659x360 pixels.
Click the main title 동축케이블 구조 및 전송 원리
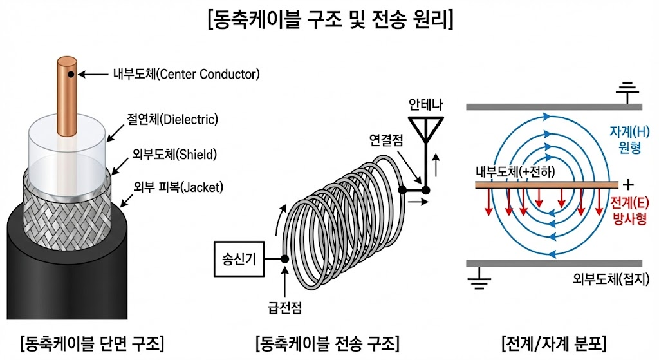329,18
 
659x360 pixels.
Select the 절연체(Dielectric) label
172,119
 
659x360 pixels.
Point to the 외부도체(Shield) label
174,155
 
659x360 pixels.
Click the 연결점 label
387,139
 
